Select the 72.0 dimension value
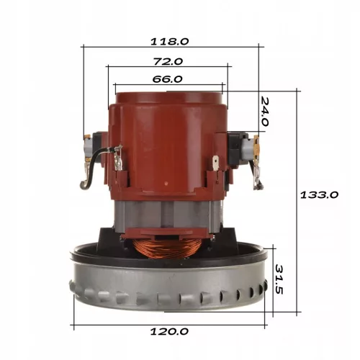point(168,62)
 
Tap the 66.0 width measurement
point(166,79)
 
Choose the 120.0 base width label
point(173,332)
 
